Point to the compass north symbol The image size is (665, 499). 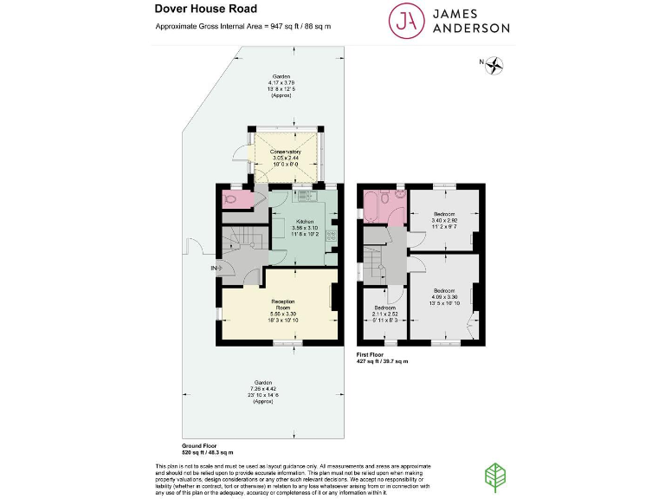point(496,62)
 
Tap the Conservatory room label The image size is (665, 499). point(287,152)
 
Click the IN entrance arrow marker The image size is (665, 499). point(215,269)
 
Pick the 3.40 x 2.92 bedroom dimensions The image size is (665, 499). point(445,220)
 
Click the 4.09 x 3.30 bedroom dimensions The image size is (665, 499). point(445,296)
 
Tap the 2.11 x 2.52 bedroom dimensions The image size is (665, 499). point(385,314)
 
